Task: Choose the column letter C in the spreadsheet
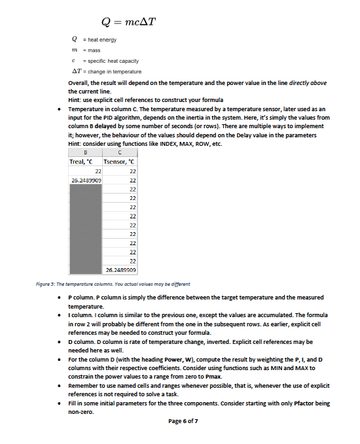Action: click(x=121, y=154)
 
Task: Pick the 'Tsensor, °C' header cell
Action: click(x=120, y=162)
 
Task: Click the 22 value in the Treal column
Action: click(x=96, y=171)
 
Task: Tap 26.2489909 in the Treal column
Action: click(x=86, y=180)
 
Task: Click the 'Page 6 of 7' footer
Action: click(x=178, y=421)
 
